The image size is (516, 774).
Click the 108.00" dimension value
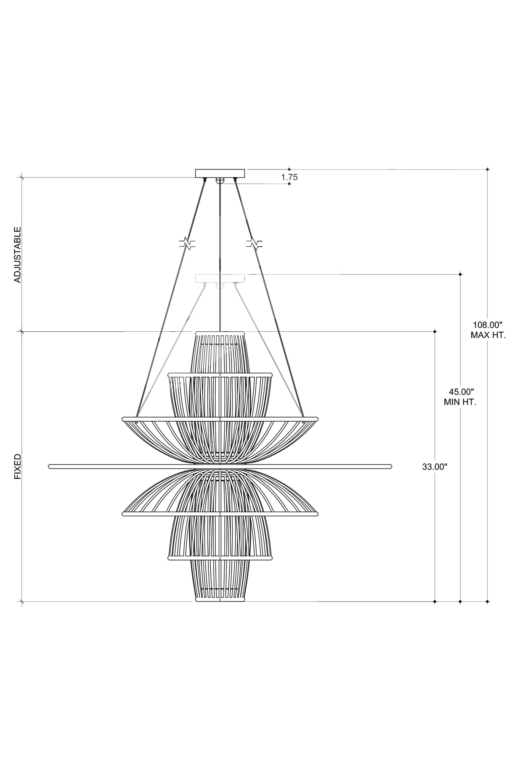[487, 325]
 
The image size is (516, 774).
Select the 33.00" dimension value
[435, 467]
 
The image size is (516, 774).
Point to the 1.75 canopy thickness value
[289, 177]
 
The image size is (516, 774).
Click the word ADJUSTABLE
[17, 255]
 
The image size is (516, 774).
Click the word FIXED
[17, 467]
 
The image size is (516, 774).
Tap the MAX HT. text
[488, 335]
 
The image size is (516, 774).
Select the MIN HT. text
[460, 402]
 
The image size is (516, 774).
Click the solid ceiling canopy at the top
[220, 173]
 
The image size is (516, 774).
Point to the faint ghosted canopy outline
[220, 278]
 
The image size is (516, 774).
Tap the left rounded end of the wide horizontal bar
[50, 466]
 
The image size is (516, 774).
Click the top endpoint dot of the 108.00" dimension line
[487, 169]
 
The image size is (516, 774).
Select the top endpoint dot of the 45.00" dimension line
[460, 274]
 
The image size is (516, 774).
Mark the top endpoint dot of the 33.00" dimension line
[435, 332]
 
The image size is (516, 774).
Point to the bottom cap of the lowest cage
[220, 600]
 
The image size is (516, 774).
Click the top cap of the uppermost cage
[220, 333]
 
